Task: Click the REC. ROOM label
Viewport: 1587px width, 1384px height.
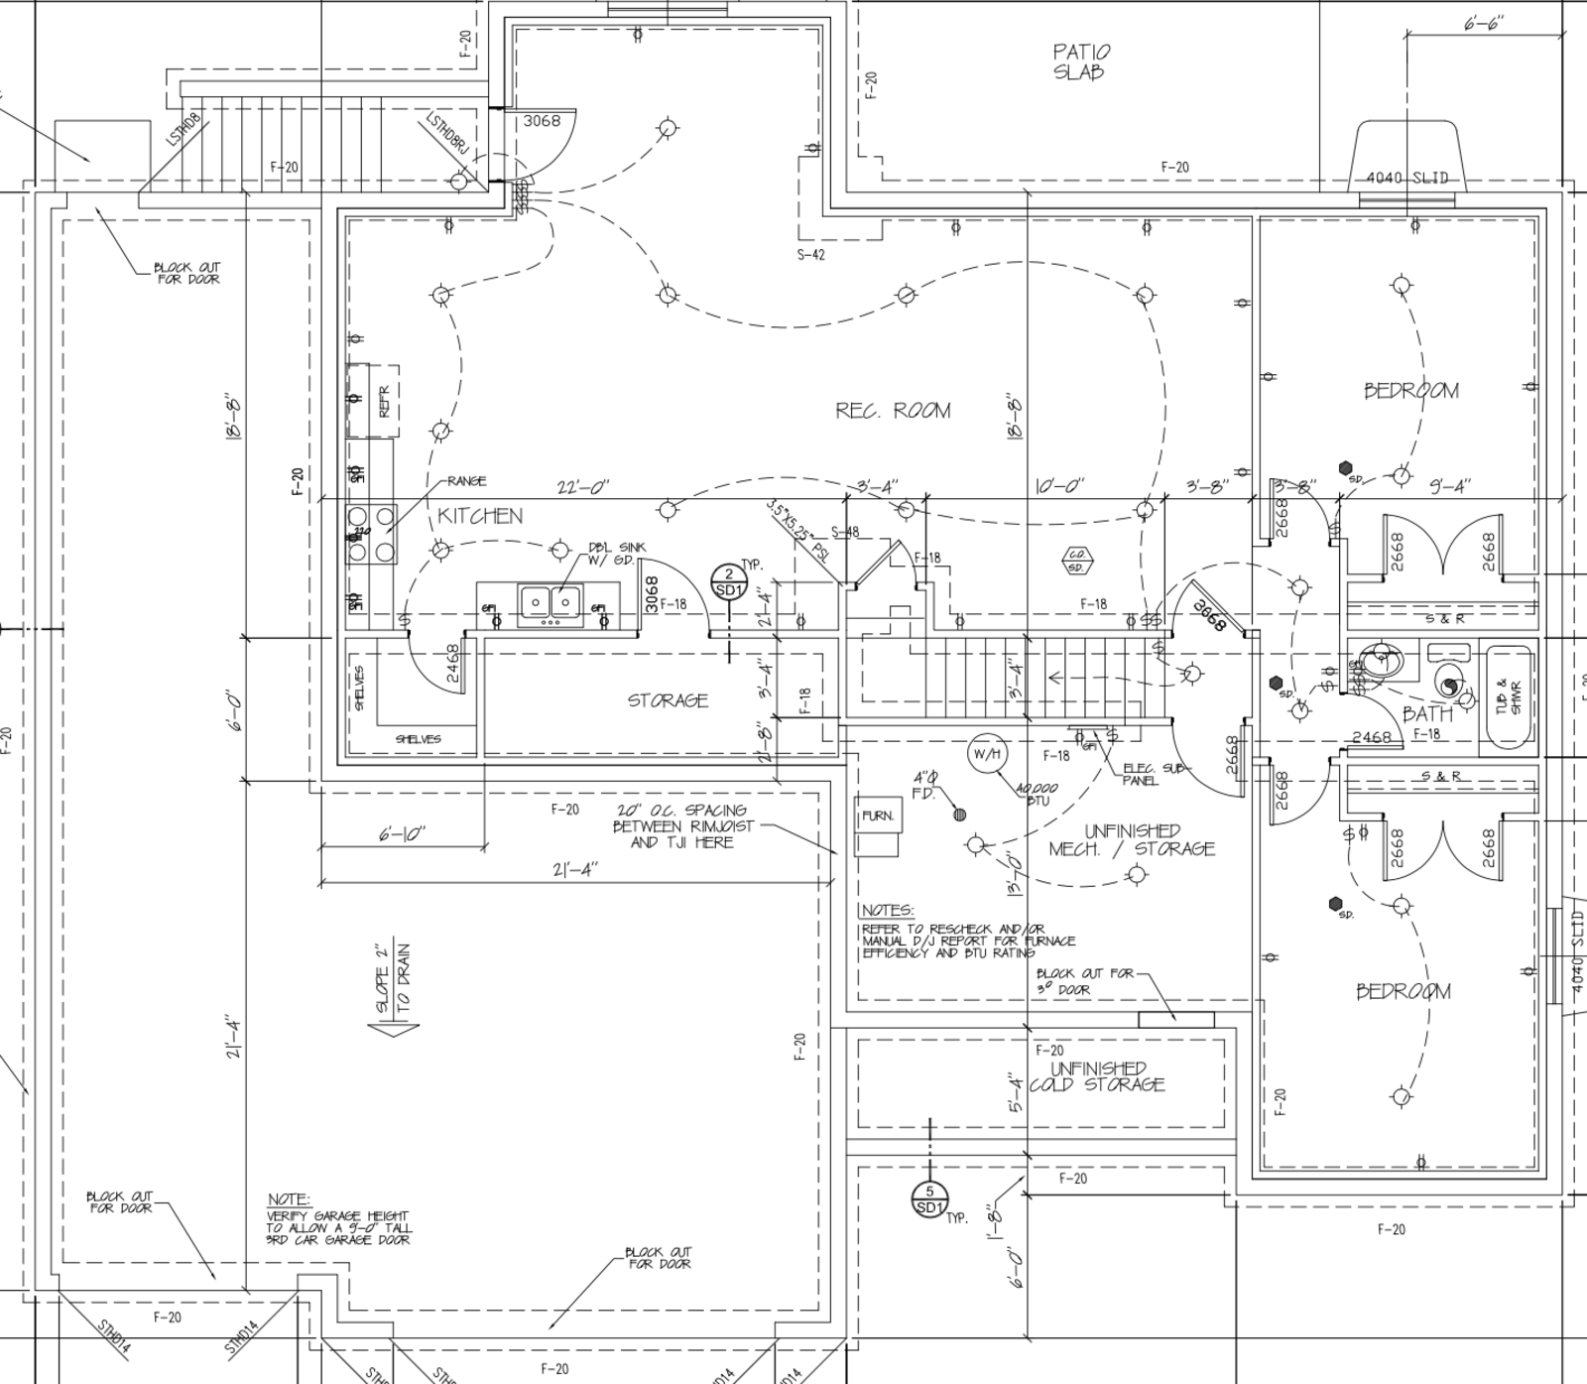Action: click(x=893, y=411)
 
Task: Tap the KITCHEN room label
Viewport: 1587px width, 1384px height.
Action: click(x=480, y=516)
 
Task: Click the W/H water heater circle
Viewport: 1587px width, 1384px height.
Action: click(x=987, y=754)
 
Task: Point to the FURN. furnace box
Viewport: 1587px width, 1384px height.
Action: click(x=878, y=816)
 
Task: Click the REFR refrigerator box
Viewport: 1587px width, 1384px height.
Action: click(x=384, y=401)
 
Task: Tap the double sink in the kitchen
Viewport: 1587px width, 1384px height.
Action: click(x=549, y=602)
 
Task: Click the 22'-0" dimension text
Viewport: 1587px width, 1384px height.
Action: click(x=582, y=487)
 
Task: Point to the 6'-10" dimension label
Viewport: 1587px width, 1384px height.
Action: click(x=402, y=834)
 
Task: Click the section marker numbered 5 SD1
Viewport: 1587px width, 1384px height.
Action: click(x=929, y=1199)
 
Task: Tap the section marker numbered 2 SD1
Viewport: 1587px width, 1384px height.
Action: click(x=728, y=582)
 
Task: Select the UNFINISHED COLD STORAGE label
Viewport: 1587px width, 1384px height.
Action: click(x=1097, y=1076)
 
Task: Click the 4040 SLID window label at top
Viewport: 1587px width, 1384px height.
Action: click(x=1406, y=179)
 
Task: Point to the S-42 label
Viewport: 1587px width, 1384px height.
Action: click(x=810, y=255)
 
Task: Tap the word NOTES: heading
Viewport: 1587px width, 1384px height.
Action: click(x=888, y=911)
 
